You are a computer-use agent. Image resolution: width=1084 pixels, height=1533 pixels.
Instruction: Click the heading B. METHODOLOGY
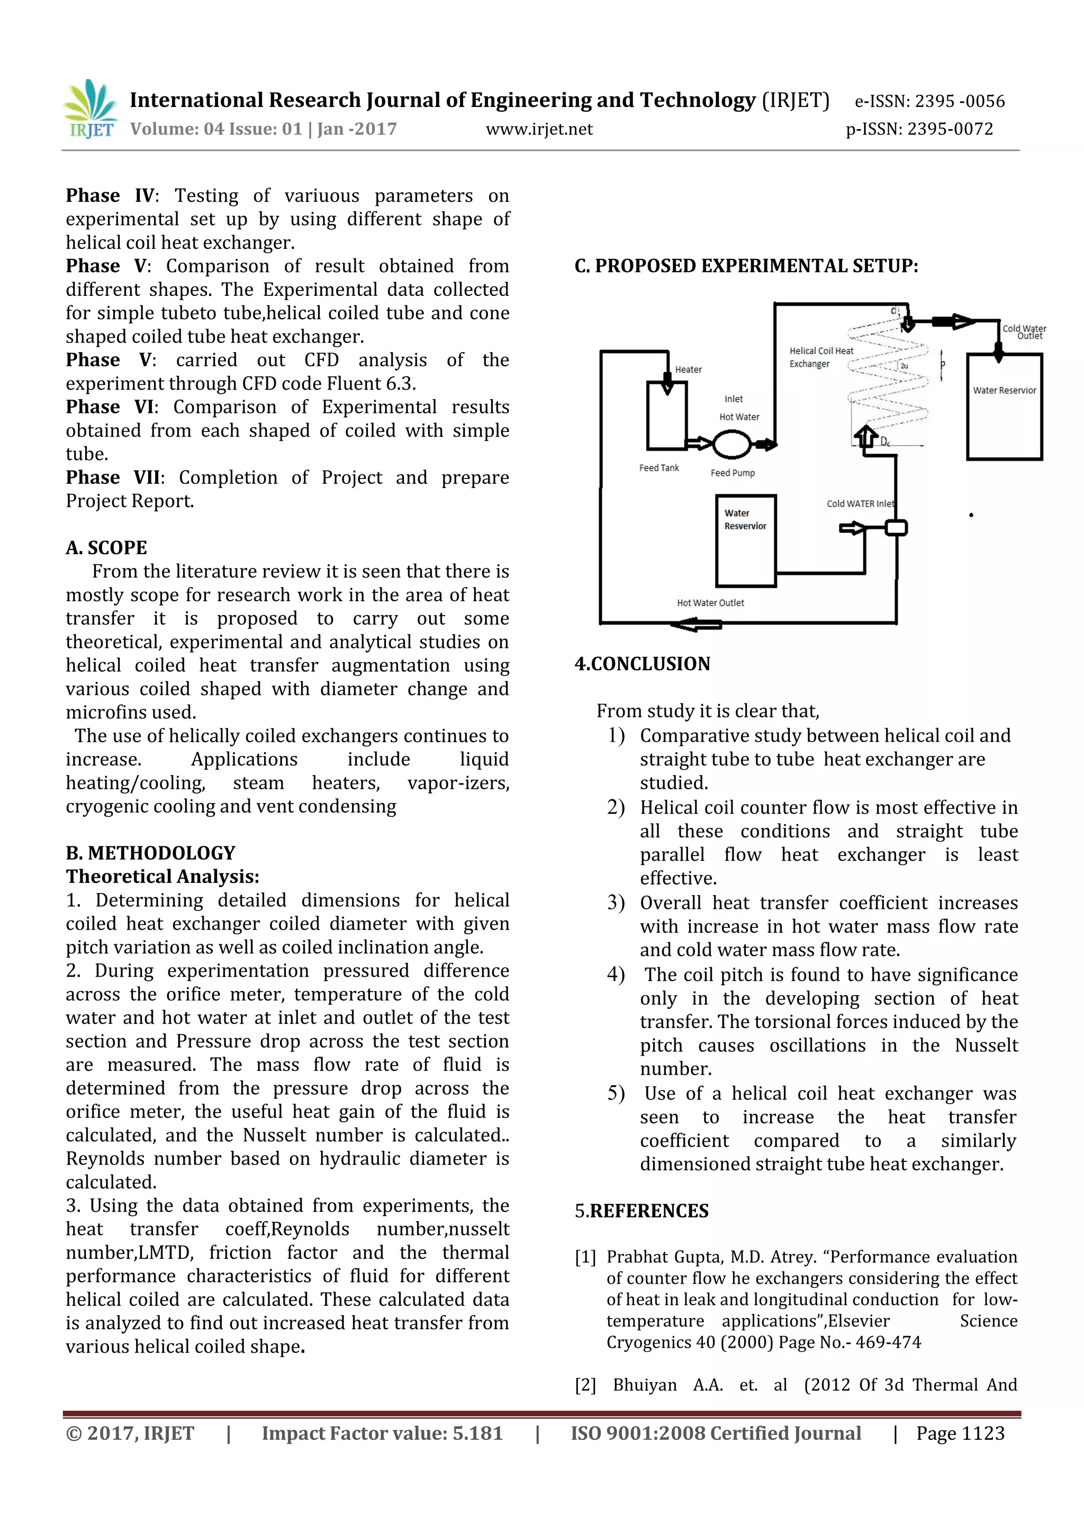(150, 853)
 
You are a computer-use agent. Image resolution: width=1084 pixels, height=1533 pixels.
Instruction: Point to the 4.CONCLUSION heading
(642, 664)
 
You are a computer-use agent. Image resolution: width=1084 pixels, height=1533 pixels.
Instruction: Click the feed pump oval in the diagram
(731, 444)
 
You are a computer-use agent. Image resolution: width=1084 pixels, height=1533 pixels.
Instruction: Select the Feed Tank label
(659, 468)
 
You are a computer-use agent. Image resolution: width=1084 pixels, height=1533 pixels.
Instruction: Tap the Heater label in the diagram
(688, 369)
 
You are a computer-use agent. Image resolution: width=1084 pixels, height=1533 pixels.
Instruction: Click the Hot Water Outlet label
(710, 603)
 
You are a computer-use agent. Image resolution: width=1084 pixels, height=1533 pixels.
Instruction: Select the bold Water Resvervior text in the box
(745, 519)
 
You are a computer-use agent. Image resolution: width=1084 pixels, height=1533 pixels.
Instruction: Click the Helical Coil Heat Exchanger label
(820, 357)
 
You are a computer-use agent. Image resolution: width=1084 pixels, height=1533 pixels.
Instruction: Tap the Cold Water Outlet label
(1024, 332)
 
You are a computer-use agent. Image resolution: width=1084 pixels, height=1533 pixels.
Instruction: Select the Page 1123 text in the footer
(960, 1433)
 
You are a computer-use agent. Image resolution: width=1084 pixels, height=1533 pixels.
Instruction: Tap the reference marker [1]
(585, 1257)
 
